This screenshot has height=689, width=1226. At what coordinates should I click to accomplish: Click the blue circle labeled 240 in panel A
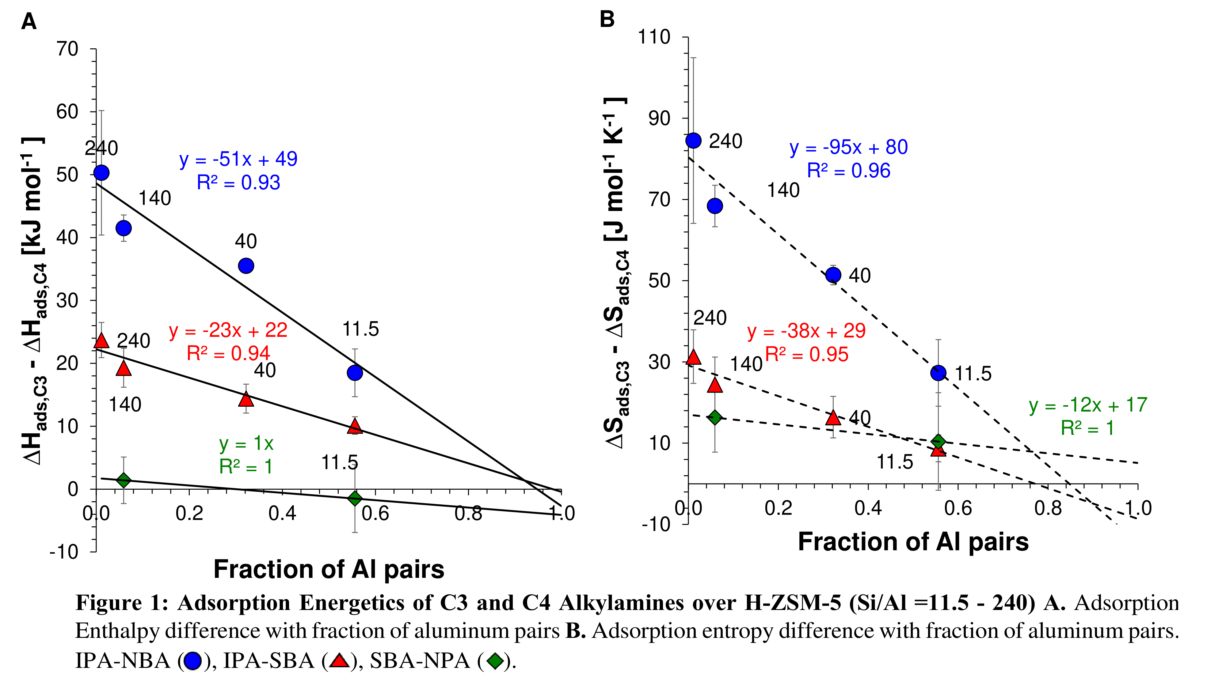point(101,173)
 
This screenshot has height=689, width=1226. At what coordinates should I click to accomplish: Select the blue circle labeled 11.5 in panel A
point(355,373)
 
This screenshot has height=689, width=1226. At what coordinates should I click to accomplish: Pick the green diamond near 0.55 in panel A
point(355,498)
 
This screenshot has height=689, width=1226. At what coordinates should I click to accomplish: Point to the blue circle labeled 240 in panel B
point(694,141)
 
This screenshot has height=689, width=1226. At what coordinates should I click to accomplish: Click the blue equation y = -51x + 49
point(238,159)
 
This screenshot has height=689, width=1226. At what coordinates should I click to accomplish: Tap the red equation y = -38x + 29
point(806,331)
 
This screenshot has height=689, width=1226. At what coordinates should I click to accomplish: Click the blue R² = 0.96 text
point(849,171)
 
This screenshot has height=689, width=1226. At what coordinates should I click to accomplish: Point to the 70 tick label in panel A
point(67,49)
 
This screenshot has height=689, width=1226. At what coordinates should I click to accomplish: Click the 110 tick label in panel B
point(654,37)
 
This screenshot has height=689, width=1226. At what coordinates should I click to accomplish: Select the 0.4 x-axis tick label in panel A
point(282,514)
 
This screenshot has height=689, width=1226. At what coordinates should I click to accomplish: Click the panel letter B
point(607,20)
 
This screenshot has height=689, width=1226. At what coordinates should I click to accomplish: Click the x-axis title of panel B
point(913,542)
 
